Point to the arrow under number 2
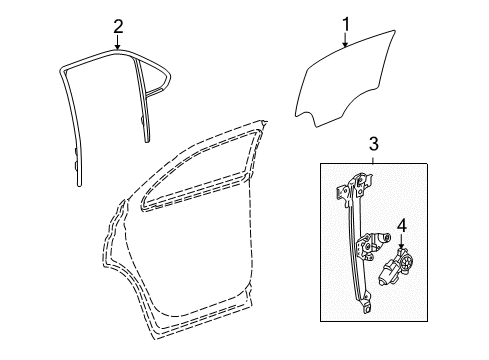pyautogui.click(x=117, y=44)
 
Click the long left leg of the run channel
pyautogui.click(x=71, y=130)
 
